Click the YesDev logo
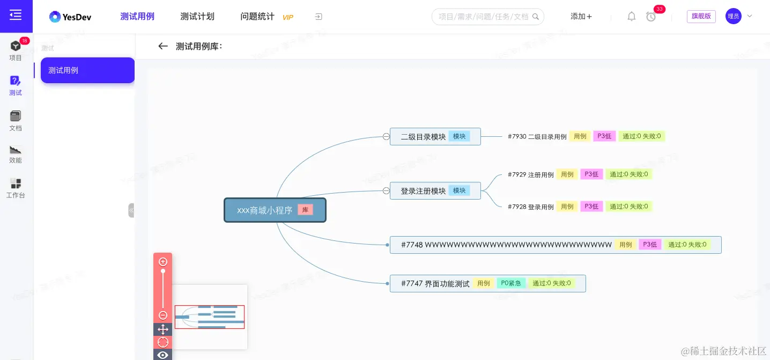[70, 17]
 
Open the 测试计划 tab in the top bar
[197, 17]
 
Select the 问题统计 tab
[257, 17]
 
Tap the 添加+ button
[581, 17]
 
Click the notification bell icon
[632, 17]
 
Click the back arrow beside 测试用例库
[163, 46]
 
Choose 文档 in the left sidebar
[16, 121]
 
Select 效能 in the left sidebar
[16, 153]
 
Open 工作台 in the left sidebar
[16, 188]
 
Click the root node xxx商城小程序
[265, 210]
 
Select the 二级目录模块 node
[423, 137]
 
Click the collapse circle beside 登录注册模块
[386, 190]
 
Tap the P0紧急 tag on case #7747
[511, 283]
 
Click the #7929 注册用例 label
[530, 175]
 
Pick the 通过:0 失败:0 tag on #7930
[642, 136]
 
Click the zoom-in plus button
[163, 262]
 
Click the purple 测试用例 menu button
[87, 70]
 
